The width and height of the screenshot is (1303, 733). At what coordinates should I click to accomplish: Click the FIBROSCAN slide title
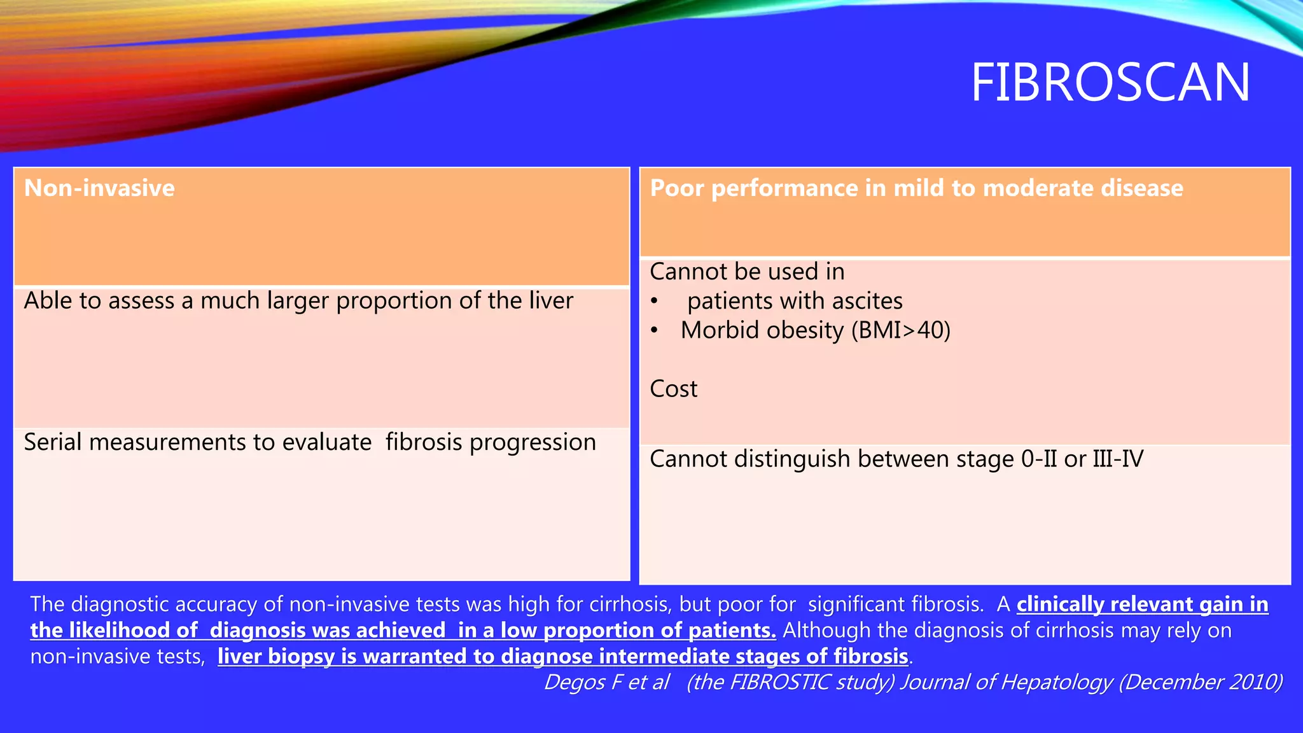pos(1110,83)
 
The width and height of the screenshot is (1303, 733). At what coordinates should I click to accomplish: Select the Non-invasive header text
pos(99,188)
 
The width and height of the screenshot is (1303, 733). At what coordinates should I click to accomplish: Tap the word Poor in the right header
pos(677,188)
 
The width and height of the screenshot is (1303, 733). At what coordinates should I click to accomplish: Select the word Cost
pos(673,389)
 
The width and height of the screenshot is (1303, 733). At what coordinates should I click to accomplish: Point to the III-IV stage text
pos(1118,459)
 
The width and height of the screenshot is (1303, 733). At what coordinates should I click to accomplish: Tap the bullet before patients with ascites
pos(654,302)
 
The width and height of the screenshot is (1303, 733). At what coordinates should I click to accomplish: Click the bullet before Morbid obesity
pos(654,331)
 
